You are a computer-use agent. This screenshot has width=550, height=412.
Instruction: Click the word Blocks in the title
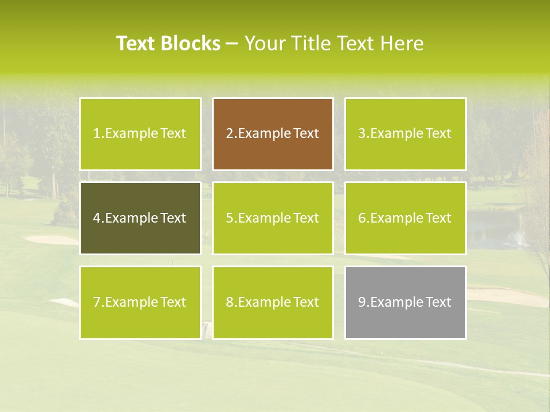click(x=191, y=43)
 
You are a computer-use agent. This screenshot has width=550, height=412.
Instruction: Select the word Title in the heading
click(x=311, y=43)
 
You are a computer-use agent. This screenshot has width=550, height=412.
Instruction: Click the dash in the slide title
click(x=233, y=43)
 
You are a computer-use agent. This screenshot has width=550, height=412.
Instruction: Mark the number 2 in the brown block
click(x=229, y=133)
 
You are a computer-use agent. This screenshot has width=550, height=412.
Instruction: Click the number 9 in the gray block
click(x=362, y=302)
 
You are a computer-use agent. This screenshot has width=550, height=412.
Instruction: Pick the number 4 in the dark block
click(x=97, y=218)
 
